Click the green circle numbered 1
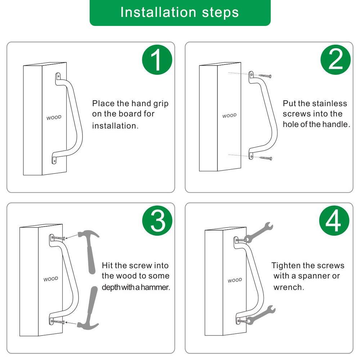pos(157,60)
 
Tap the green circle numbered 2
pos(336,60)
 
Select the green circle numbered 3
pos(157,221)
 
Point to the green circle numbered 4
pos(334,221)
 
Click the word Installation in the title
pos(158,12)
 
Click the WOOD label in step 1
pos(54,118)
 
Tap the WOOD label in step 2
pos(229,116)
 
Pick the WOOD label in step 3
pos(51,279)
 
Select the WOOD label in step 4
pos(235,280)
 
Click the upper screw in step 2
pos(265,76)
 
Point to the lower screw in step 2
pos(266,158)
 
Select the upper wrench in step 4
pos(259,232)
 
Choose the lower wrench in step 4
pos(261,315)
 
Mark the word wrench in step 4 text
pos(289,287)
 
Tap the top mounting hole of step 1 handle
pos(58,76)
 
